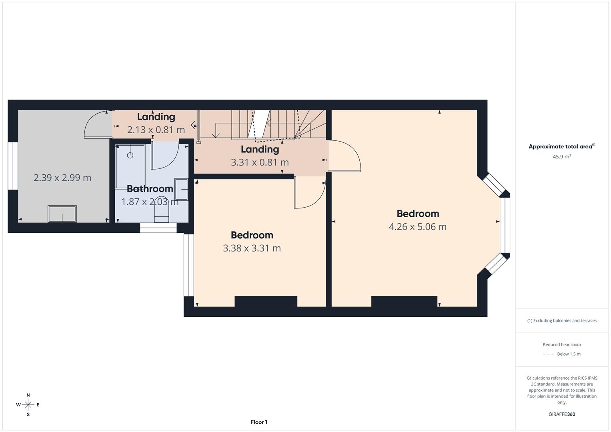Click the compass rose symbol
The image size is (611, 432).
tap(28, 405)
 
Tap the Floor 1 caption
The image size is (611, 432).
tap(259, 422)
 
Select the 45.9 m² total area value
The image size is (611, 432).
tap(562, 156)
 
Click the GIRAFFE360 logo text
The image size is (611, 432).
tap(562, 414)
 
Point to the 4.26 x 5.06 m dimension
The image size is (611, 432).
tap(417, 226)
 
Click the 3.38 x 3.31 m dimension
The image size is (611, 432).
tap(252, 248)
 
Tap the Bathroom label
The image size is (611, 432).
tap(150, 188)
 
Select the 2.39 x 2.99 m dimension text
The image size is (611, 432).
tap(62, 178)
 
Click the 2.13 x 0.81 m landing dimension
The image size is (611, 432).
tap(156, 130)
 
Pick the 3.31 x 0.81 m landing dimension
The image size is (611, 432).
tap(260, 162)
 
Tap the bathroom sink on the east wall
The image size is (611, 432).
tap(181, 189)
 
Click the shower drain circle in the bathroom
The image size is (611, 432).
tap(130, 155)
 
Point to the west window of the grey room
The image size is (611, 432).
tap(13, 166)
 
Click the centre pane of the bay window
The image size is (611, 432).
tap(505, 225)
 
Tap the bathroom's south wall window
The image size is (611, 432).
tap(158, 228)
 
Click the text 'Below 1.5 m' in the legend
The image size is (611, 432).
tap(569, 354)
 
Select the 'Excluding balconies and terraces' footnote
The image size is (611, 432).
tap(562, 320)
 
